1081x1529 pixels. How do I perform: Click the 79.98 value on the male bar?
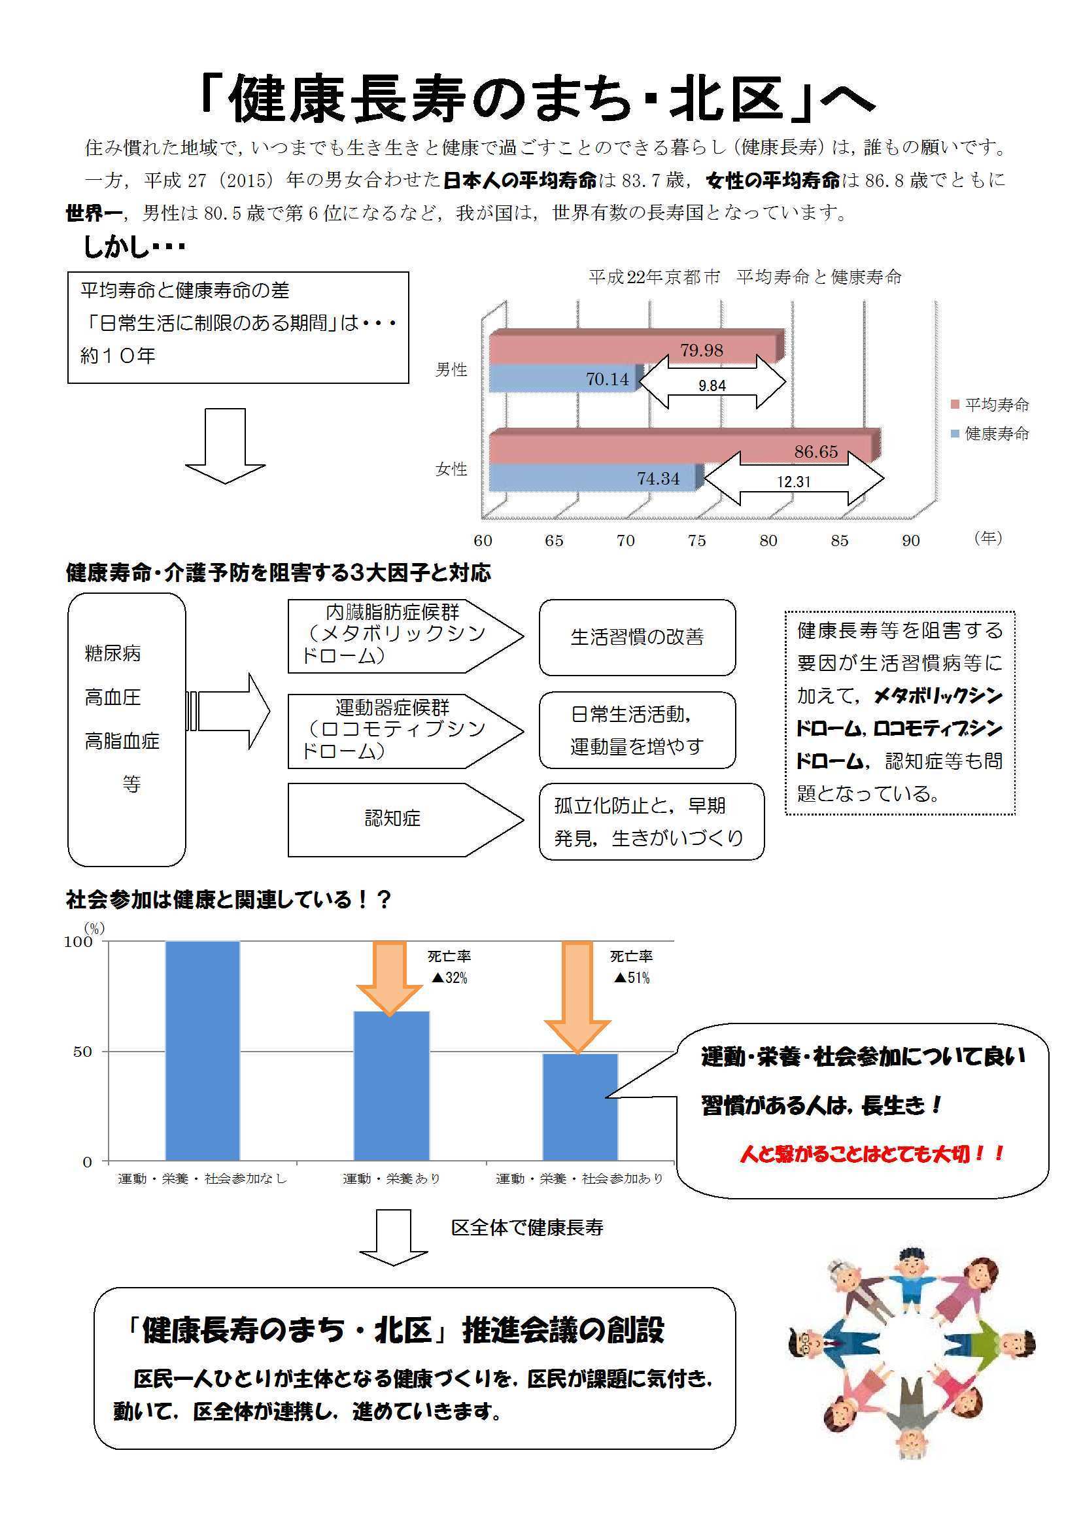tap(701, 351)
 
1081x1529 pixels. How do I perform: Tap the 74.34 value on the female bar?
tap(658, 479)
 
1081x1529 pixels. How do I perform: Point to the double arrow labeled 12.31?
tap(794, 479)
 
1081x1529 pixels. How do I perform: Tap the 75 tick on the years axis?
tap(696, 541)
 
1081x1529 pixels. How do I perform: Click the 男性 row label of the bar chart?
tap(451, 369)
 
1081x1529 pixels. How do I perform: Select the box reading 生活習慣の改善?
tap(638, 638)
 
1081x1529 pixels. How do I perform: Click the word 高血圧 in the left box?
tap(112, 697)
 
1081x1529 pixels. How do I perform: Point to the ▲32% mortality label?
tap(449, 978)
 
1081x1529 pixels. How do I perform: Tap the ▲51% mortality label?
tap(632, 978)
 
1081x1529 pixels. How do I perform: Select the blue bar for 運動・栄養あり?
tap(391, 1086)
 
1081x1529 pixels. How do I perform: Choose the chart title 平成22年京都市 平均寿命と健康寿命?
tap(745, 277)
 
